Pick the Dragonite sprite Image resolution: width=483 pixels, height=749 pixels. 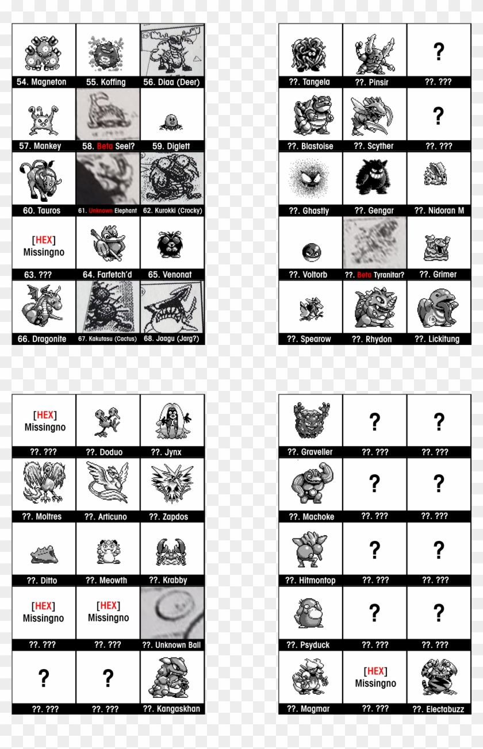pos(41,309)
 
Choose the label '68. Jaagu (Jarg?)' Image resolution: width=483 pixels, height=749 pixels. pos(172,339)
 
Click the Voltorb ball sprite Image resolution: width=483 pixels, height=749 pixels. pos(311,251)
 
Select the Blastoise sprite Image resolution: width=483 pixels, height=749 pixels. pos(310,115)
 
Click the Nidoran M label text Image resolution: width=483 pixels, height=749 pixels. pos(438,211)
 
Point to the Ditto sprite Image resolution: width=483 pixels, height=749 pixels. pos(44,556)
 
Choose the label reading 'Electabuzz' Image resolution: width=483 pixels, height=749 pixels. pos(438,709)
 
